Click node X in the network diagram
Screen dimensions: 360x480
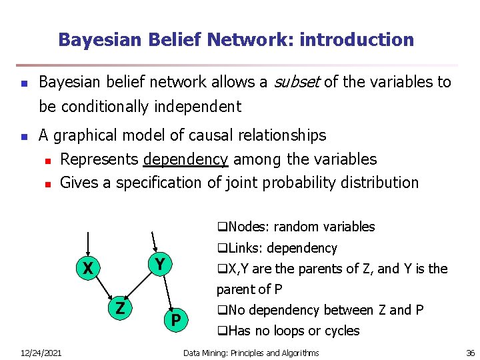pyautogui.click(x=87, y=269)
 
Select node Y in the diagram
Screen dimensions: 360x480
pyautogui.click(x=159, y=263)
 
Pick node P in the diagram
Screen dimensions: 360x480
pyautogui.click(x=175, y=321)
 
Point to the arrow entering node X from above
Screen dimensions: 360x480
pyautogui.click(x=87, y=243)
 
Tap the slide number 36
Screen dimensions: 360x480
pyautogui.click(x=470, y=353)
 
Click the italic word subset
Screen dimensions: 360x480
pyautogui.click(x=298, y=82)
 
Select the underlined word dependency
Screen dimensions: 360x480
pyautogui.click(x=185, y=159)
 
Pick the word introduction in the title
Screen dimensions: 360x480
pyautogui.click(x=357, y=39)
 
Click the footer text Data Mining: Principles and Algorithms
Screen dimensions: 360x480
pyautogui.click(x=251, y=353)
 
